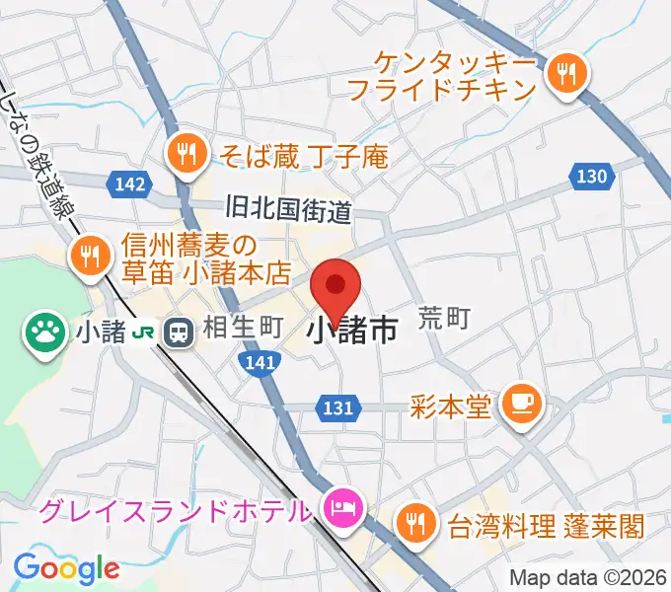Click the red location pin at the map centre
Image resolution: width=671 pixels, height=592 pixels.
click(336, 287)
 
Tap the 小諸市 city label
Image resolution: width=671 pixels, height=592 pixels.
click(353, 330)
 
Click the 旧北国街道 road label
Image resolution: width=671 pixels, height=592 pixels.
click(288, 209)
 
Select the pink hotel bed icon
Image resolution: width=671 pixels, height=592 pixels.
click(340, 510)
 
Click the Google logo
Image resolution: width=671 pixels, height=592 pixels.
click(66, 568)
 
